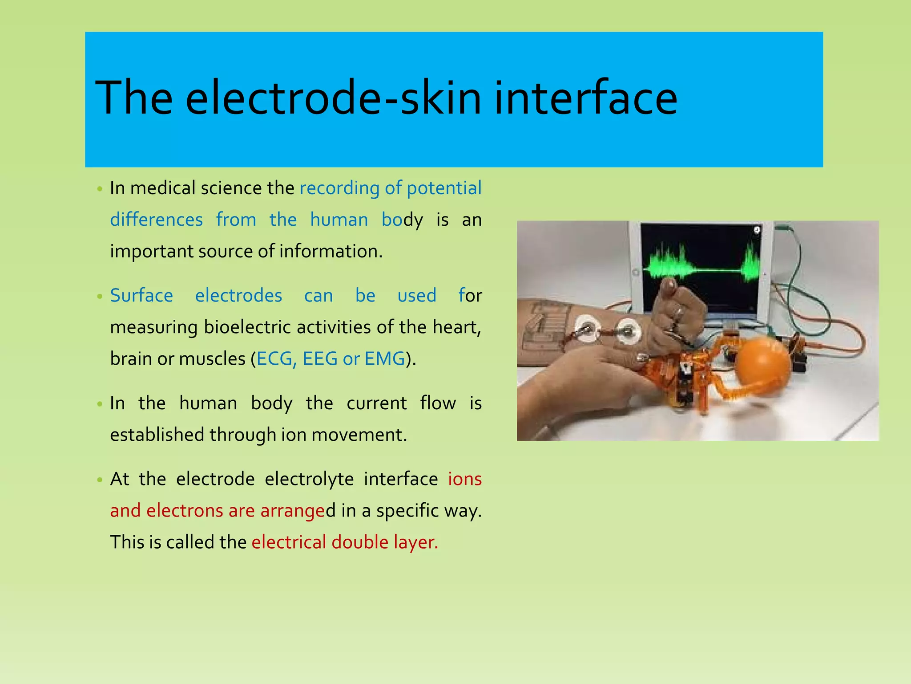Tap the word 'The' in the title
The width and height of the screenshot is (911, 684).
click(134, 98)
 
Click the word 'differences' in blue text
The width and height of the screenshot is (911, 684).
click(156, 220)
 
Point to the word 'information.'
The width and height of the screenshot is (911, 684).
click(331, 252)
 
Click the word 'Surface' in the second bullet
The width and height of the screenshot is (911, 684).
click(141, 296)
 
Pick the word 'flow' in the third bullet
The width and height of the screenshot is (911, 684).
click(438, 403)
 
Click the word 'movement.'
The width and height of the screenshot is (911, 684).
click(359, 435)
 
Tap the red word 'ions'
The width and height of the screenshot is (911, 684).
click(465, 479)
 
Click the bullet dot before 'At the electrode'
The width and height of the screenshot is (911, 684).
click(100, 480)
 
